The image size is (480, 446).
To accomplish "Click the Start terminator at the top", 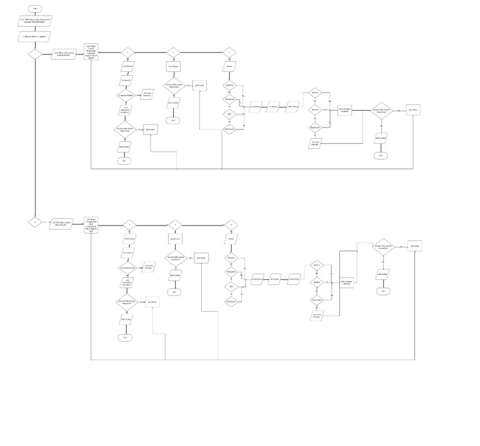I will [x=35, y=8].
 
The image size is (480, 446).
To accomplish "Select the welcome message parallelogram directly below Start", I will [x=35, y=21].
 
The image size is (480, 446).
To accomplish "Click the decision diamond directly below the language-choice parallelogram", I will [x=35, y=54].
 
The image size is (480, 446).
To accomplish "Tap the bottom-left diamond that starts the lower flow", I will [x=35, y=222].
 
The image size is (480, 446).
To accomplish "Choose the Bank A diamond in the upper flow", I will [x=316, y=93].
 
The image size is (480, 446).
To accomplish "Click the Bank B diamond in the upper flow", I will [x=316, y=109].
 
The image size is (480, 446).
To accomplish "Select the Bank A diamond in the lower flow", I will [x=317, y=265].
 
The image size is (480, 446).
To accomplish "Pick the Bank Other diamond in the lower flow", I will [x=317, y=300].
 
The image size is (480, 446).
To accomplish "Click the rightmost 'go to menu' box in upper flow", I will [x=412, y=109].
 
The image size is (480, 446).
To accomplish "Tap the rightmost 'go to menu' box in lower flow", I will [x=415, y=245].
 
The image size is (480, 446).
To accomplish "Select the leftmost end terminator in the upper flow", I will [x=124, y=161].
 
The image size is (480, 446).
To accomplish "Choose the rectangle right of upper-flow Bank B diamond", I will [x=345, y=110].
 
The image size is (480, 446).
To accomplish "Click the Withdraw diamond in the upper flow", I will [x=229, y=84].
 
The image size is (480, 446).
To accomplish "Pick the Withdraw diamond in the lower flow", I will [x=231, y=257].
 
